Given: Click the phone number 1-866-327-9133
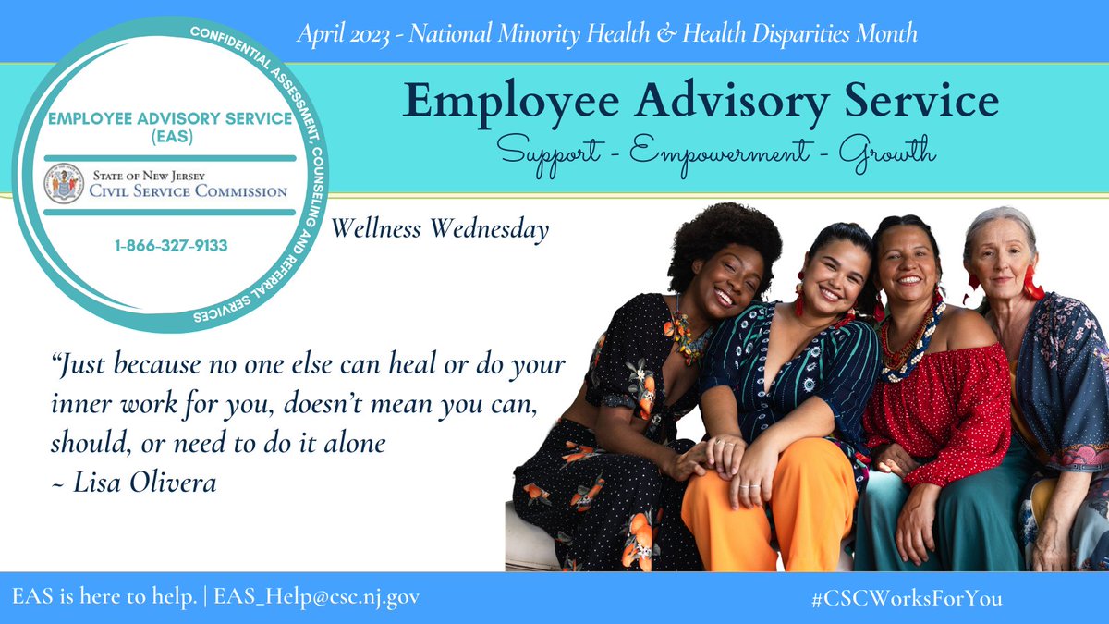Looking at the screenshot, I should click(x=171, y=247).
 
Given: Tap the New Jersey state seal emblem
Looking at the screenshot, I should click(x=65, y=184).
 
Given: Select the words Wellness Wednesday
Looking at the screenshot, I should click(x=439, y=227).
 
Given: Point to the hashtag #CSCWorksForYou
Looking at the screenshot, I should click(x=906, y=598).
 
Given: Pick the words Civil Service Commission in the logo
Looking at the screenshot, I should click(x=189, y=191).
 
